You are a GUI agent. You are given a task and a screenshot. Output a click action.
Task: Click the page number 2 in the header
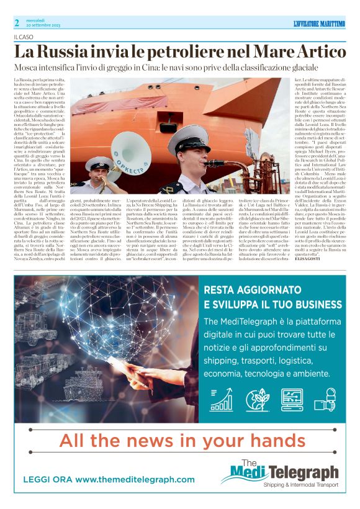point(17,23)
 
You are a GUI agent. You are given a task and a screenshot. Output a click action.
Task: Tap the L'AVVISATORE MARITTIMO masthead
point(318,24)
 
